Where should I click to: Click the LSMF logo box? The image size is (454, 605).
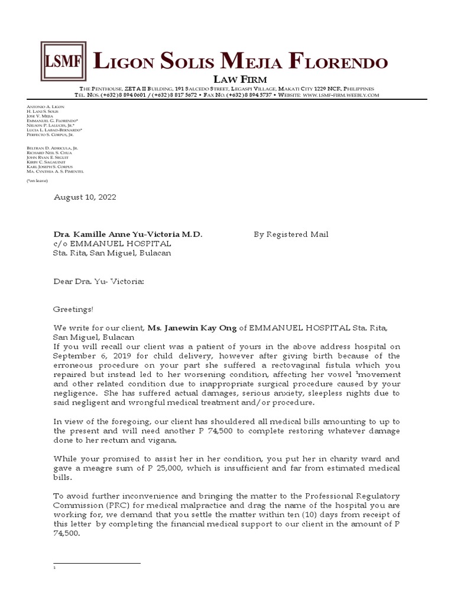[63, 61]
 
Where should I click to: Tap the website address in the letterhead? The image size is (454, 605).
[340, 95]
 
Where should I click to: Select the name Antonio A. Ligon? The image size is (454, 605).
[46, 106]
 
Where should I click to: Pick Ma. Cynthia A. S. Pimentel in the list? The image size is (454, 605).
[55, 171]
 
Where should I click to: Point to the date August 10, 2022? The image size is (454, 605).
[85, 197]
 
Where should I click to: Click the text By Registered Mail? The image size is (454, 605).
[291, 235]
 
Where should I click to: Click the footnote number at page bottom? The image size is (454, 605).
[54, 568]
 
